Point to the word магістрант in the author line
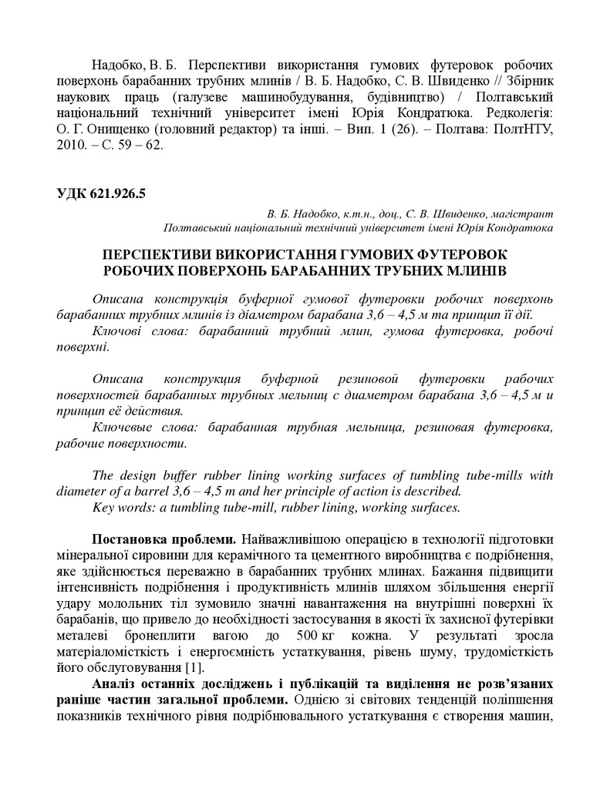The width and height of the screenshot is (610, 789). point(524,213)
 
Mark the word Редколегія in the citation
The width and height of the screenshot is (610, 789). point(514,113)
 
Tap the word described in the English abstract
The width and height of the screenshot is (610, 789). point(433,490)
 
